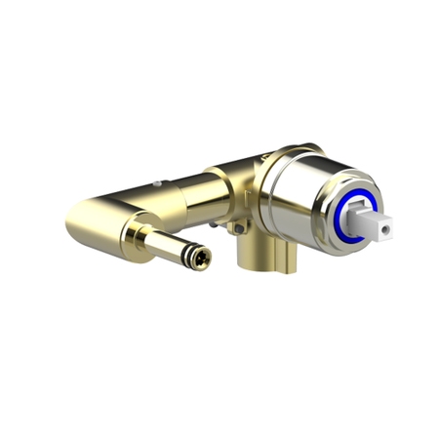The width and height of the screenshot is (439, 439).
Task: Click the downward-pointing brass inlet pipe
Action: [x=256, y=256]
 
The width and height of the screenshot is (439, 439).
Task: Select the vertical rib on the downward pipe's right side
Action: [x=284, y=259]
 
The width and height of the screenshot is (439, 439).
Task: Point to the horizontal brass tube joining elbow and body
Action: [x=180, y=195]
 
